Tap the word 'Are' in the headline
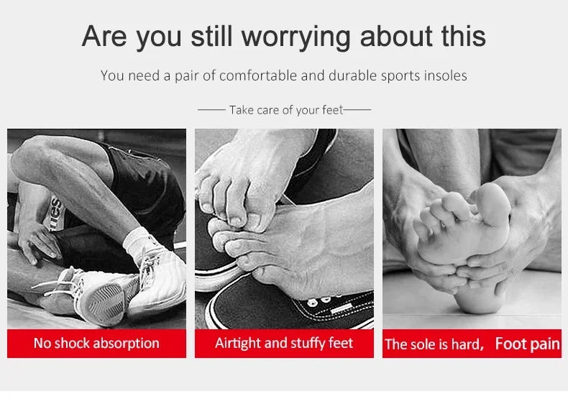[x=104, y=37]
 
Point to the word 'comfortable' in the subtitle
[x=259, y=75]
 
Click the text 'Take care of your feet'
[x=285, y=110]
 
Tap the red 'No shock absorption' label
[x=96, y=343]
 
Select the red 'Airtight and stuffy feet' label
[x=284, y=343]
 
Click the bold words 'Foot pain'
[x=527, y=344]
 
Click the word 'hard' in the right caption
[x=466, y=344]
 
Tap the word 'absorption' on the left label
[x=127, y=343]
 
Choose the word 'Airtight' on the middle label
[x=239, y=343]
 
